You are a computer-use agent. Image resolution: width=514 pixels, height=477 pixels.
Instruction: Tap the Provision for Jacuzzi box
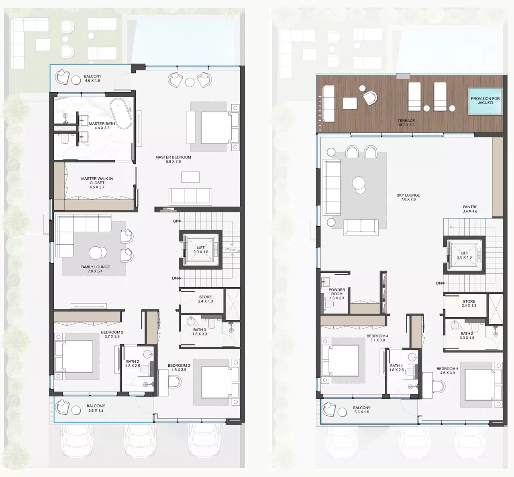[485, 101]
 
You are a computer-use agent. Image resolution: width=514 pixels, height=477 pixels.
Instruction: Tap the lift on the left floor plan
[201, 250]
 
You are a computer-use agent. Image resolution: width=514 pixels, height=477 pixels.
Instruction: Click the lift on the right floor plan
[464, 255]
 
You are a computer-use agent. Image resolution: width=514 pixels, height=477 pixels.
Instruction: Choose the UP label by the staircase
[175, 221]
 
